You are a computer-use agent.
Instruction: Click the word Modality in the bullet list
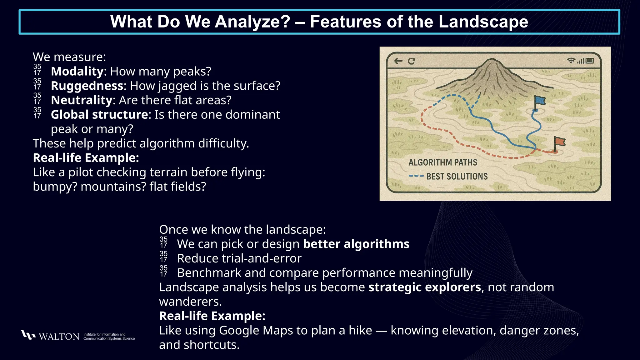tap(77, 72)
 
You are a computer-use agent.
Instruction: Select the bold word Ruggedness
tap(87, 86)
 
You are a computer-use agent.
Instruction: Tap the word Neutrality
tap(81, 100)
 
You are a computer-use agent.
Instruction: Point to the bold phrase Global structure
tap(99, 115)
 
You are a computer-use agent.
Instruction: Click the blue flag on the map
tap(540, 101)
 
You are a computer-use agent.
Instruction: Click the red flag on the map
tap(560, 142)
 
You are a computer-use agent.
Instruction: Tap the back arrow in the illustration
tap(398, 61)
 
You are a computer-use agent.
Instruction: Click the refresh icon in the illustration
tap(411, 61)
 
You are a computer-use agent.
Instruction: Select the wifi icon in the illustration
tap(571, 61)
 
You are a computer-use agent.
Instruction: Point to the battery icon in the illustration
tap(590, 61)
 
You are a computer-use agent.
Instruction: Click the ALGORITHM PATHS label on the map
tap(443, 162)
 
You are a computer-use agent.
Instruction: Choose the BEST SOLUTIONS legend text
tap(457, 177)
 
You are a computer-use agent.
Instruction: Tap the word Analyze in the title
tap(252, 22)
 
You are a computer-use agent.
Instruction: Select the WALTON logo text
tap(59, 337)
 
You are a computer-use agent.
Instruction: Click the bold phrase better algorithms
tap(356, 244)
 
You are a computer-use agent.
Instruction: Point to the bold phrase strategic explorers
tap(424, 287)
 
